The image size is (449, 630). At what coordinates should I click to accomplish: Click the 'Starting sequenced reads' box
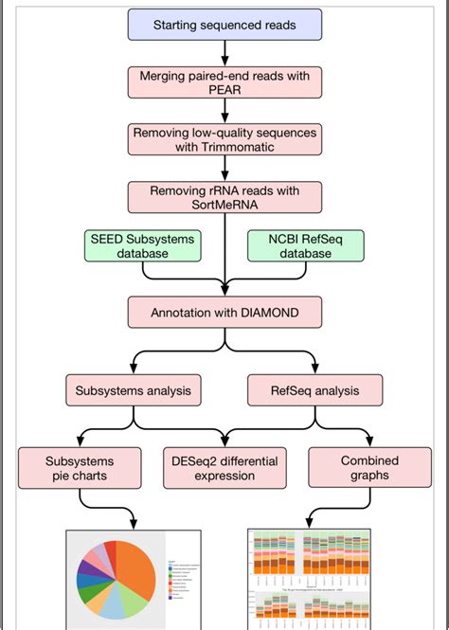click(224, 25)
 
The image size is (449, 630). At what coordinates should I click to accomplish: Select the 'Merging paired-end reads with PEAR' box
click(224, 81)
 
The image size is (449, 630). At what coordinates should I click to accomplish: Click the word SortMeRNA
click(224, 205)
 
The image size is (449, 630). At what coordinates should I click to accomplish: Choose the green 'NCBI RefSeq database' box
click(305, 246)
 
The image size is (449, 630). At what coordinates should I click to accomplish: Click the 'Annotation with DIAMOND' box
click(224, 313)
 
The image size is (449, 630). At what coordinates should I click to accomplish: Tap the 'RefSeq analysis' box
click(314, 388)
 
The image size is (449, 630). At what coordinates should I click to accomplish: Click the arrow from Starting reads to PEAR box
click(224, 52)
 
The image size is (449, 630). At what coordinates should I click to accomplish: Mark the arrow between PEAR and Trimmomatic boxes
click(224, 111)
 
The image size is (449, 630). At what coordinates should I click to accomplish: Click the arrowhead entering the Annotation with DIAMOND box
click(224, 290)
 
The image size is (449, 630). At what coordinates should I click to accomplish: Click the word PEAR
click(224, 91)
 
